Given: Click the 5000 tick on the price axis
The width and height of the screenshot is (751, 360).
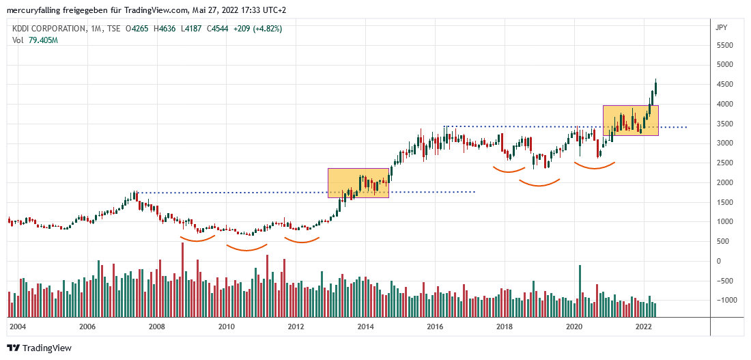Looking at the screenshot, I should coord(724,64).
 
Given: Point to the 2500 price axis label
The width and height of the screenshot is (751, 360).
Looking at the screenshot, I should coord(724,163).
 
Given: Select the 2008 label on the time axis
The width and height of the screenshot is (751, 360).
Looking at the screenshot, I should coord(157,327).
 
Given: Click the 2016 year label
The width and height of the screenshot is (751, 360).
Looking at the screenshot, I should coord(435,327).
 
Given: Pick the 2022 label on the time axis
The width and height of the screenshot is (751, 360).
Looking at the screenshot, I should coord(643,327).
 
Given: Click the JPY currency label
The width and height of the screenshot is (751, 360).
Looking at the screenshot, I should coord(720,28).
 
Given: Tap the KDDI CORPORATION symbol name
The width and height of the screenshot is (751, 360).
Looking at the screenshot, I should coord(48,29).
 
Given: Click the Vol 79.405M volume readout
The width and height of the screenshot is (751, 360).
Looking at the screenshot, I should coord(35,40).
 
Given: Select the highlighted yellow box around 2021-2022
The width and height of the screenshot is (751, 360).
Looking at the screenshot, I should coord(630,120).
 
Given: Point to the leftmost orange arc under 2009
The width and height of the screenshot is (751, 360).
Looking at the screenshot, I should coord(197,239).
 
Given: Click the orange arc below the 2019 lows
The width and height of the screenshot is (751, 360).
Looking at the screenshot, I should coord(539,184).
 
